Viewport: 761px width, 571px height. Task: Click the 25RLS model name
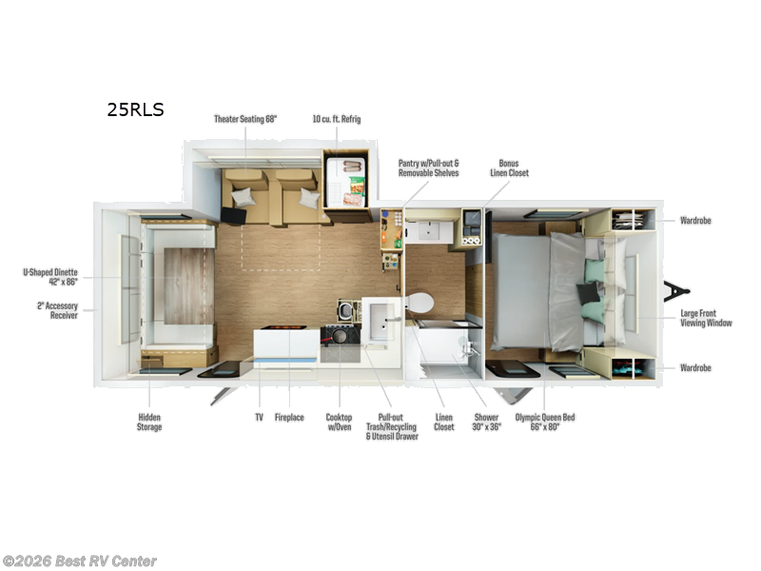point(135,109)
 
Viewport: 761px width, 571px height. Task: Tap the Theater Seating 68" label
point(245,119)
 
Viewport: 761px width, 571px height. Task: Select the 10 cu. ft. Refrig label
point(337,119)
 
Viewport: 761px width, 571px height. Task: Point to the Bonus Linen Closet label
point(509,168)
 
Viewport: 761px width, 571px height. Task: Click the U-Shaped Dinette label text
point(50,277)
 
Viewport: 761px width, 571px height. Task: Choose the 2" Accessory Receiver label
point(57,310)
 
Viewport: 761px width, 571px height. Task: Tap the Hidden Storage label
point(149,422)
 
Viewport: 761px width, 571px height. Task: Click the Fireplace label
point(289,417)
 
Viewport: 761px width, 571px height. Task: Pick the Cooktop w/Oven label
point(339,422)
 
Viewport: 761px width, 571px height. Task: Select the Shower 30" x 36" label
point(486,422)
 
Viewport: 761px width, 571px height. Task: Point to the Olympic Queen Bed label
point(545,422)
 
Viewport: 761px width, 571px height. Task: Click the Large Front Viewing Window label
point(706,318)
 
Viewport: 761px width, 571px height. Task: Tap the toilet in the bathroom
point(420,303)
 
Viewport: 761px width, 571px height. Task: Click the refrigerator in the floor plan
point(345,182)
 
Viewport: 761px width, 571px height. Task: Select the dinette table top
point(188,286)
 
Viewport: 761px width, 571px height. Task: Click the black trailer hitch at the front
point(676,291)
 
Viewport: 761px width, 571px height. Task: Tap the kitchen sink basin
point(381,322)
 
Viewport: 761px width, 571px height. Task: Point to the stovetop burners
point(341,336)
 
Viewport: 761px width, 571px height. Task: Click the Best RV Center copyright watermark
point(79,561)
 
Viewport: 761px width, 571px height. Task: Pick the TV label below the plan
point(259,417)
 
